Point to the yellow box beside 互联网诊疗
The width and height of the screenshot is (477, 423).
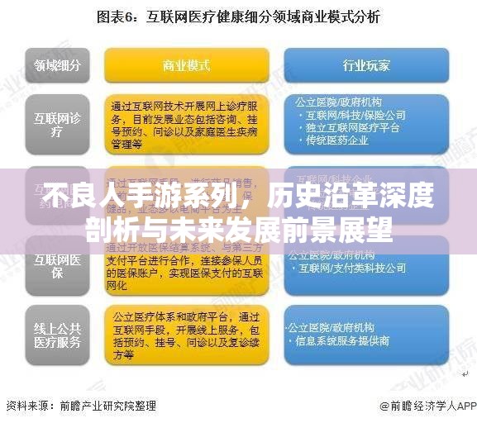[186, 123]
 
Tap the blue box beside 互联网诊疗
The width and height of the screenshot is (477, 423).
[366, 123]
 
